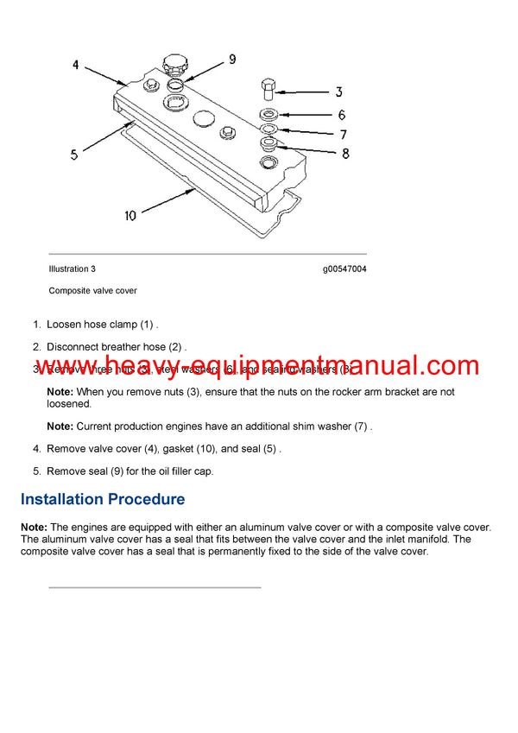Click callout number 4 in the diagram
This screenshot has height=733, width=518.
click(x=76, y=65)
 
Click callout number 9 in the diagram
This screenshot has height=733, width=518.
click(x=232, y=60)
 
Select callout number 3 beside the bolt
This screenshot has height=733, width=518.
click(x=338, y=92)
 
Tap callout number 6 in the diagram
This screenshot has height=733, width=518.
click(x=342, y=115)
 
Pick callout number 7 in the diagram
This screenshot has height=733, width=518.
click(x=343, y=135)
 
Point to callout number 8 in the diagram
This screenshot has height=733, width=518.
click(x=345, y=155)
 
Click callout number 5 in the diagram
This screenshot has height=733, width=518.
click(x=74, y=155)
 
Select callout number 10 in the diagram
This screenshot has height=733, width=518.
click(x=129, y=215)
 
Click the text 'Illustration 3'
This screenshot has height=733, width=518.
click(x=72, y=269)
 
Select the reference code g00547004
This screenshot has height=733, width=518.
click(x=344, y=269)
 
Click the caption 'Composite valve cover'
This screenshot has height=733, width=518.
click(x=92, y=290)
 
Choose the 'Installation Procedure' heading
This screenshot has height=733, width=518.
click(x=103, y=499)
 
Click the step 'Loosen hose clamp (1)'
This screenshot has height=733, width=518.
click(x=102, y=325)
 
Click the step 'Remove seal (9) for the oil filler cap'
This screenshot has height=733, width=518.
click(x=129, y=471)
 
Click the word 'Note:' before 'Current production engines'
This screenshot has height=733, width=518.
click(x=60, y=427)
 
